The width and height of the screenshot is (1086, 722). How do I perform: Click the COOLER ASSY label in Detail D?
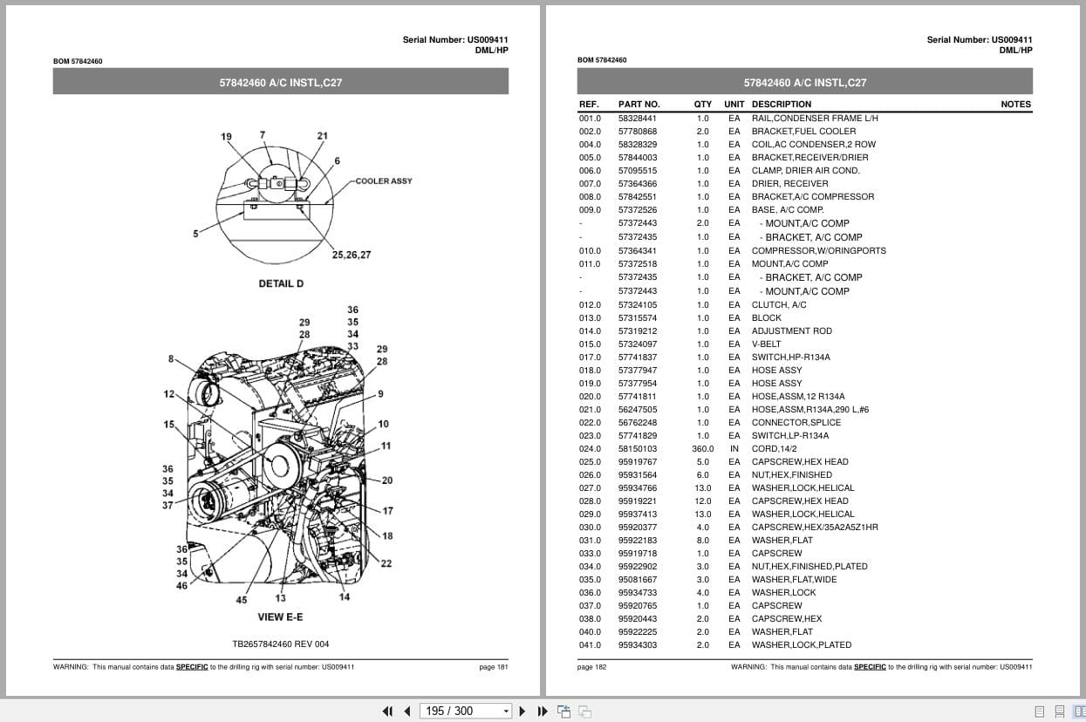(384, 181)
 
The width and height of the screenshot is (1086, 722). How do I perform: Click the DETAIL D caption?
(281, 284)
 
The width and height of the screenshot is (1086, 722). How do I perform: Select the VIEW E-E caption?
(280, 617)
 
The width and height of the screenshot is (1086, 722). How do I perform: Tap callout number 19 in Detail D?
(227, 137)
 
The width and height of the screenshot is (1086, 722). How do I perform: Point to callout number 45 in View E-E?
(242, 600)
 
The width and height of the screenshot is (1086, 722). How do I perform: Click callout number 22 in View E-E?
(386, 563)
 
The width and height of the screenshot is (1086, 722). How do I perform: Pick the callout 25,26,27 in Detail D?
(352, 255)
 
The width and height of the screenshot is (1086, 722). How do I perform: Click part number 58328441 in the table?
(638, 119)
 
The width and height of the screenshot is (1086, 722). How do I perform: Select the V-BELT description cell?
(767, 344)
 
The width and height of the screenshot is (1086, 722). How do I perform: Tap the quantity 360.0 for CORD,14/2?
(702, 449)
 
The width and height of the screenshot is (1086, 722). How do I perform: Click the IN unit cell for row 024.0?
(734, 449)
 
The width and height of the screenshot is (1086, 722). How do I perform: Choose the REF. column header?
(589, 105)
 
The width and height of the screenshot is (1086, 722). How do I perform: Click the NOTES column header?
(1015, 105)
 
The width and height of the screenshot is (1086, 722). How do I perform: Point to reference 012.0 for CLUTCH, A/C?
(590, 305)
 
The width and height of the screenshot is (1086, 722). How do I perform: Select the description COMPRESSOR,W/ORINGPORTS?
(818, 251)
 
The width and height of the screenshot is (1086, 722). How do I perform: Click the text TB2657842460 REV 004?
(281, 644)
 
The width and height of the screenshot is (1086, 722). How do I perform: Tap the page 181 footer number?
(493, 667)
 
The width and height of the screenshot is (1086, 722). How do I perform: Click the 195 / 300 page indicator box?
(465, 711)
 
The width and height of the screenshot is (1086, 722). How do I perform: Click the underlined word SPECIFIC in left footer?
(192, 667)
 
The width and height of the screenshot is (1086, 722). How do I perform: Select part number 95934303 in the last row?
(638, 645)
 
